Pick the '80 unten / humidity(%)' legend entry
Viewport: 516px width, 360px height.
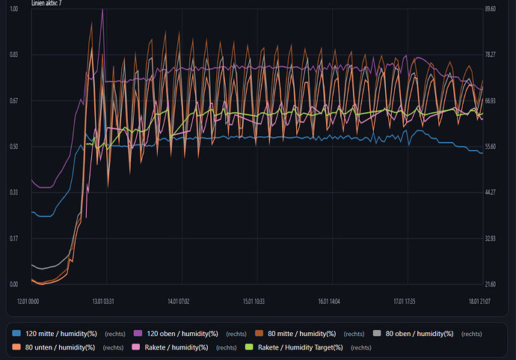click(x=60, y=347)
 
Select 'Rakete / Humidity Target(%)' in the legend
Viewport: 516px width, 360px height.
click(x=300, y=347)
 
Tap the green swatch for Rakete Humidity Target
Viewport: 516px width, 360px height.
click(x=250, y=347)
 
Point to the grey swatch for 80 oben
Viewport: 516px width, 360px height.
click(x=378, y=334)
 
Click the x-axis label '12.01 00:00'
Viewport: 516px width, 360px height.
click(x=28, y=302)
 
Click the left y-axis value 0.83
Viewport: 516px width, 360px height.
click(x=13, y=55)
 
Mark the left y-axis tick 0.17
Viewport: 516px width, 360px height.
click(x=13, y=239)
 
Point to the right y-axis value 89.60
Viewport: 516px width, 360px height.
click(x=491, y=9)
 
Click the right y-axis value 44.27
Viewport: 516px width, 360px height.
click(x=491, y=192)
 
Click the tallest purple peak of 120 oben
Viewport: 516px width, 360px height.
click(x=102, y=10)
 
